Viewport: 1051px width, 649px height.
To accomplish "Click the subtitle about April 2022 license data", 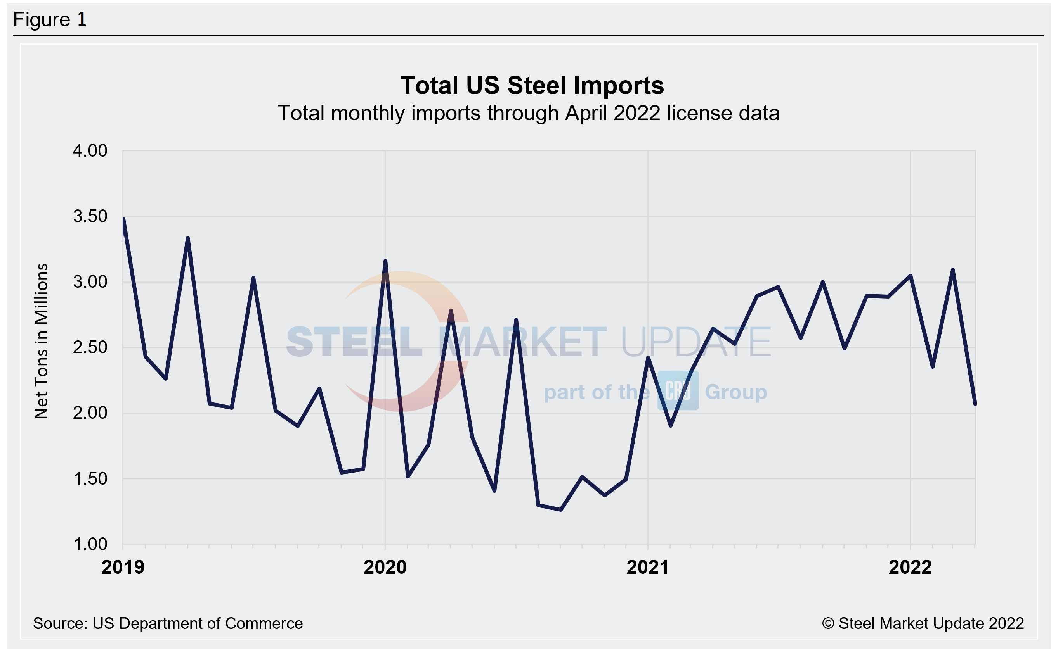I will click(x=528, y=114).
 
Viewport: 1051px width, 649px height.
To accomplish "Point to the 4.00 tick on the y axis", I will click(x=90, y=151).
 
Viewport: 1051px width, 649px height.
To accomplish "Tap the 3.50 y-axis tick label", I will click(x=90, y=216).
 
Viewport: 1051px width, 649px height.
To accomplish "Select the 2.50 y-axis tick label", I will click(x=90, y=347).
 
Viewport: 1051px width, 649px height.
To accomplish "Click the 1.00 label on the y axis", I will click(x=90, y=544).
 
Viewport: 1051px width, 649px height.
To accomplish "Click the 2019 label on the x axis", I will click(x=123, y=568).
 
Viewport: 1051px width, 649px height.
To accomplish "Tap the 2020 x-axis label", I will click(x=385, y=568).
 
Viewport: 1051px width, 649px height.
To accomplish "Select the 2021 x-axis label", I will click(x=647, y=568).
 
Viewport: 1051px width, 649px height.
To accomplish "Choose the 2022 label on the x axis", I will click(x=910, y=568).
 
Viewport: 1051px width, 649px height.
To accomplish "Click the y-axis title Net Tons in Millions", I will click(x=41, y=341).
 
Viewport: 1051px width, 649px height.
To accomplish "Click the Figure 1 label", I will click(x=50, y=20).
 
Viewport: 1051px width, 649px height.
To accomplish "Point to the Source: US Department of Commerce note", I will click(x=168, y=623).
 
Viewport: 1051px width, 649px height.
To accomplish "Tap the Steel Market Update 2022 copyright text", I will click(x=923, y=623).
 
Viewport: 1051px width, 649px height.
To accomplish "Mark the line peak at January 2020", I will click(x=385, y=261).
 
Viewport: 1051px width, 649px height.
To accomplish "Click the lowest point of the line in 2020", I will click(x=561, y=509).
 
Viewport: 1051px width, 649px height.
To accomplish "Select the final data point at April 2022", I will click(x=975, y=404).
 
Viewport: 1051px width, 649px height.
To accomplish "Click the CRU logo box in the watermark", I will click(x=678, y=391).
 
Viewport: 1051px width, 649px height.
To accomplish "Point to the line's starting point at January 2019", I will click(x=123, y=219).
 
